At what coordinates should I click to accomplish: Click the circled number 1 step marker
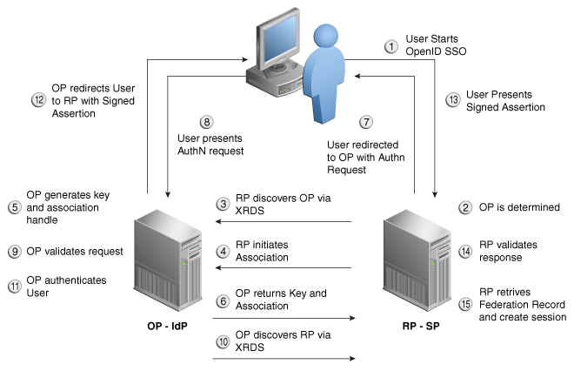coord(391,45)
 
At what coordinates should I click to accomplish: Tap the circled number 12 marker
coord(38,100)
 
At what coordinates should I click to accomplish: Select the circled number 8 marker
coord(206,122)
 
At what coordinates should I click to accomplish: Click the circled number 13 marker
coord(453,100)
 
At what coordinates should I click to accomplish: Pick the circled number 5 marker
coord(14,207)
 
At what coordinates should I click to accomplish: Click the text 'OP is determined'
coord(520,208)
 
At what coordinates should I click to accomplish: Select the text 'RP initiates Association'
coord(264,253)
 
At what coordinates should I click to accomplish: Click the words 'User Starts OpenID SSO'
coord(437,46)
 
